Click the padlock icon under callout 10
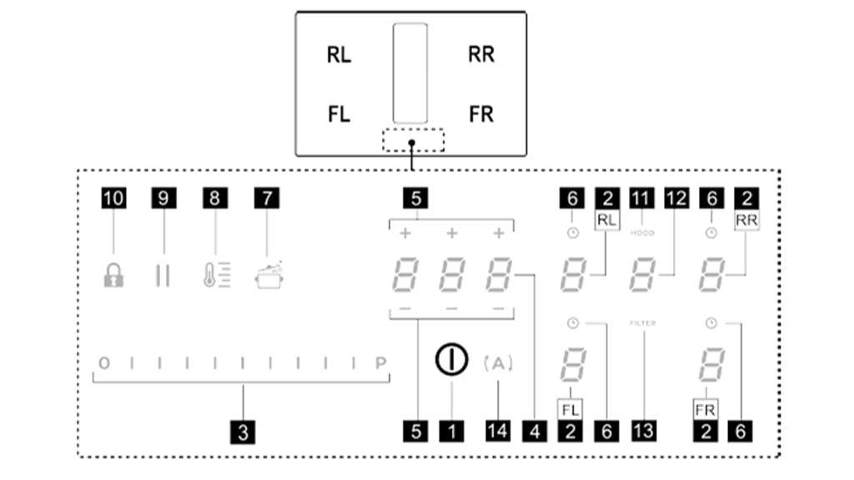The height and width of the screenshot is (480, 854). (113, 276)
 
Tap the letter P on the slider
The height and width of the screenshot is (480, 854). (381, 363)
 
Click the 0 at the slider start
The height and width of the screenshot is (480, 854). (103, 363)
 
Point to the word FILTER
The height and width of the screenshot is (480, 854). (643, 322)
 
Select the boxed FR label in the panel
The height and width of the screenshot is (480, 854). (706, 410)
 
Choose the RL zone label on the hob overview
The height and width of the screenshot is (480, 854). (339, 56)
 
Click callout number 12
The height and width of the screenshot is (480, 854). (676, 198)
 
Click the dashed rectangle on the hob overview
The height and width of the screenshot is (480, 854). (413, 140)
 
